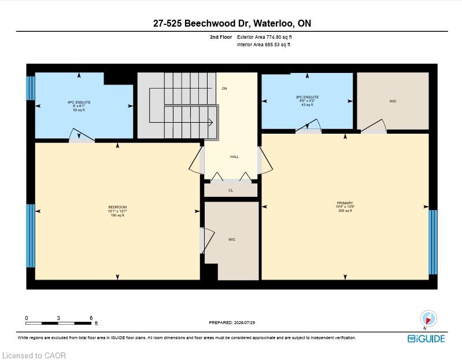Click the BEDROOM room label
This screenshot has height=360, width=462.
117,207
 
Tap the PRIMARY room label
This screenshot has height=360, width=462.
345,203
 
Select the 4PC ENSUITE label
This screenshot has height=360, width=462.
79,102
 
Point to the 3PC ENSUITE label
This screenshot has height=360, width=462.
307,97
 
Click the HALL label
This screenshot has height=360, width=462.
235,157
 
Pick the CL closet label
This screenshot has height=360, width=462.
231,190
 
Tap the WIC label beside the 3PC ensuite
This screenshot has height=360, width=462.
393,101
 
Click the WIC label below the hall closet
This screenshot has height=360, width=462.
232,240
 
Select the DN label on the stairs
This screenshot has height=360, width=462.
224,89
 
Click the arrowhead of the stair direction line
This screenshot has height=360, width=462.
211,122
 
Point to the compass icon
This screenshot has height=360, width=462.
428,319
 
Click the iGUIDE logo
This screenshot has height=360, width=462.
426,339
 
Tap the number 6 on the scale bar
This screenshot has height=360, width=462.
91,318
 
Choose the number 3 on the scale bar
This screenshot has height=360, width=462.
58,318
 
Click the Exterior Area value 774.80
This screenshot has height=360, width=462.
274,37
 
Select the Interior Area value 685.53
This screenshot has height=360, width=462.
273,45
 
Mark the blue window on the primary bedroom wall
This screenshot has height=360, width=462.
433,242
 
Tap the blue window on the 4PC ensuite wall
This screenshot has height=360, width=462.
31,88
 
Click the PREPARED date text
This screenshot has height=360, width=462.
232,322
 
